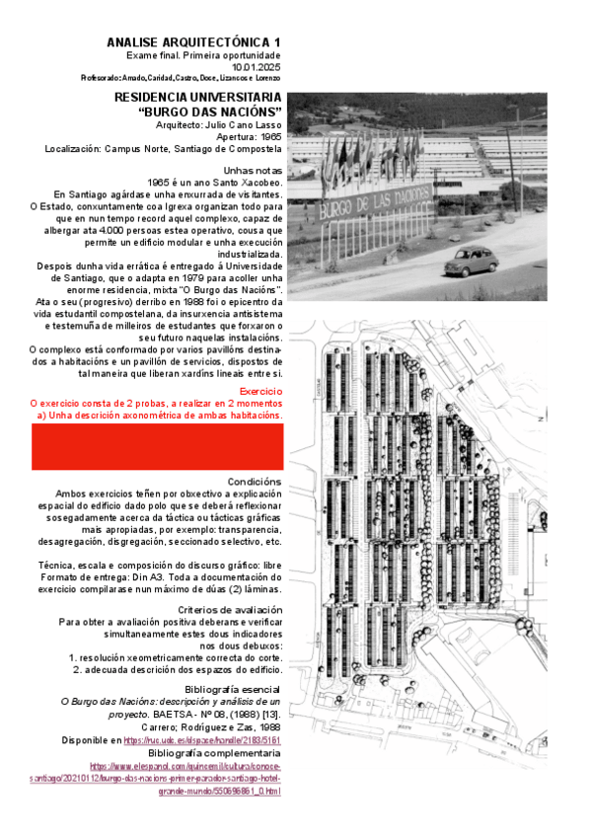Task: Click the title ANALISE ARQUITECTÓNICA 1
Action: [x=193, y=41]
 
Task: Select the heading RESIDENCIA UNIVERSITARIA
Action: [x=198, y=98]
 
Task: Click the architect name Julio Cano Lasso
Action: [x=246, y=125]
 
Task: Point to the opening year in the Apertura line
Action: [x=268, y=137]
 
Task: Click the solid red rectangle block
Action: [x=157, y=447]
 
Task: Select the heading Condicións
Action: [x=255, y=482]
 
